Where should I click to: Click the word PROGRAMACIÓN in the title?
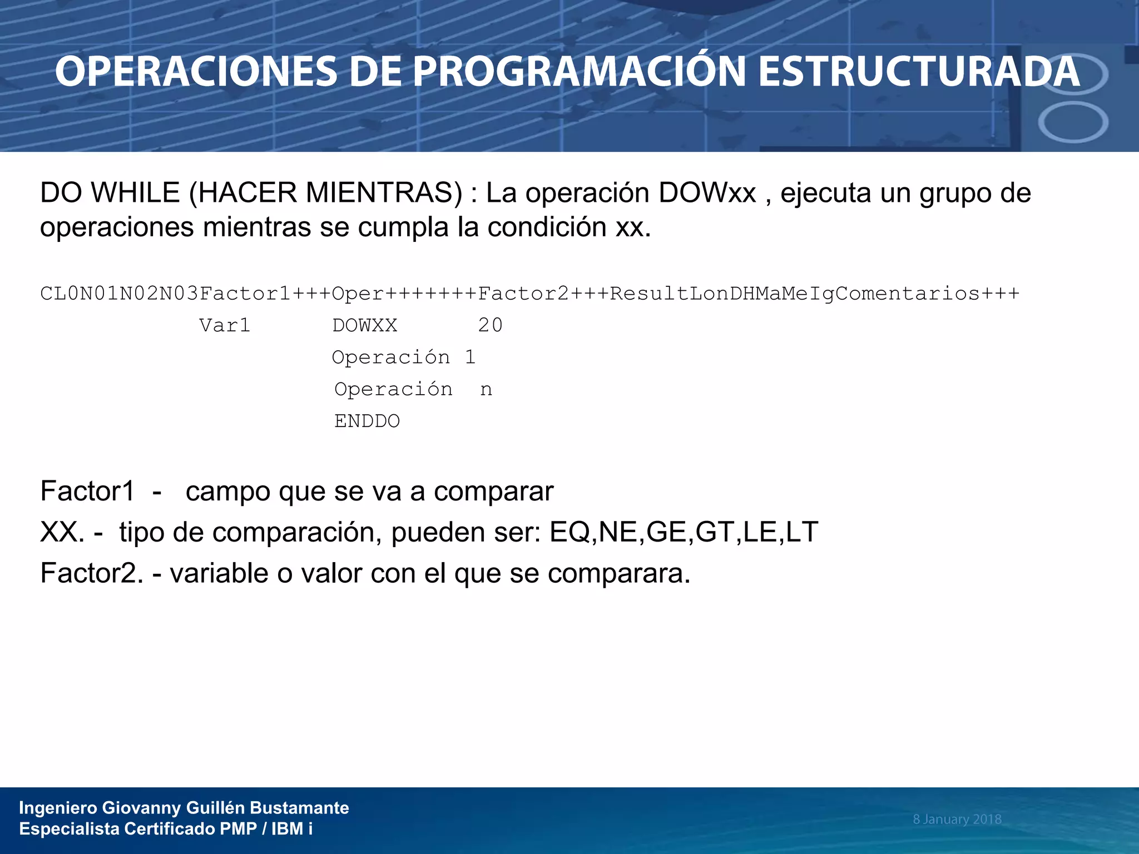click(x=578, y=72)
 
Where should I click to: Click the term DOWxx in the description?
click(x=707, y=193)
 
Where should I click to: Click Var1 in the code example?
click(x=225, y=325)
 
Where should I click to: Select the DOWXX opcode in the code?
click(x=365, y=325)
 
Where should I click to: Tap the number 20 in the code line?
click(x=490, y=325)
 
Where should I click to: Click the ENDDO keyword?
click(x=367, y=421)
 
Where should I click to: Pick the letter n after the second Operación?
click(x=486, y=390)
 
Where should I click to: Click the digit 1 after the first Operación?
click(x=471, y=358)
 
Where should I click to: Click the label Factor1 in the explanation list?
click(x=87, y=491)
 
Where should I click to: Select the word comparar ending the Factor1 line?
click(x=493, y=491)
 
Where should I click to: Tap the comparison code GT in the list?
click(x=715, y=532)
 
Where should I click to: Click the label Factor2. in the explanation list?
click(x=92, y=573)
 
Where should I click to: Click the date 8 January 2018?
click(x=957, y=819)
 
